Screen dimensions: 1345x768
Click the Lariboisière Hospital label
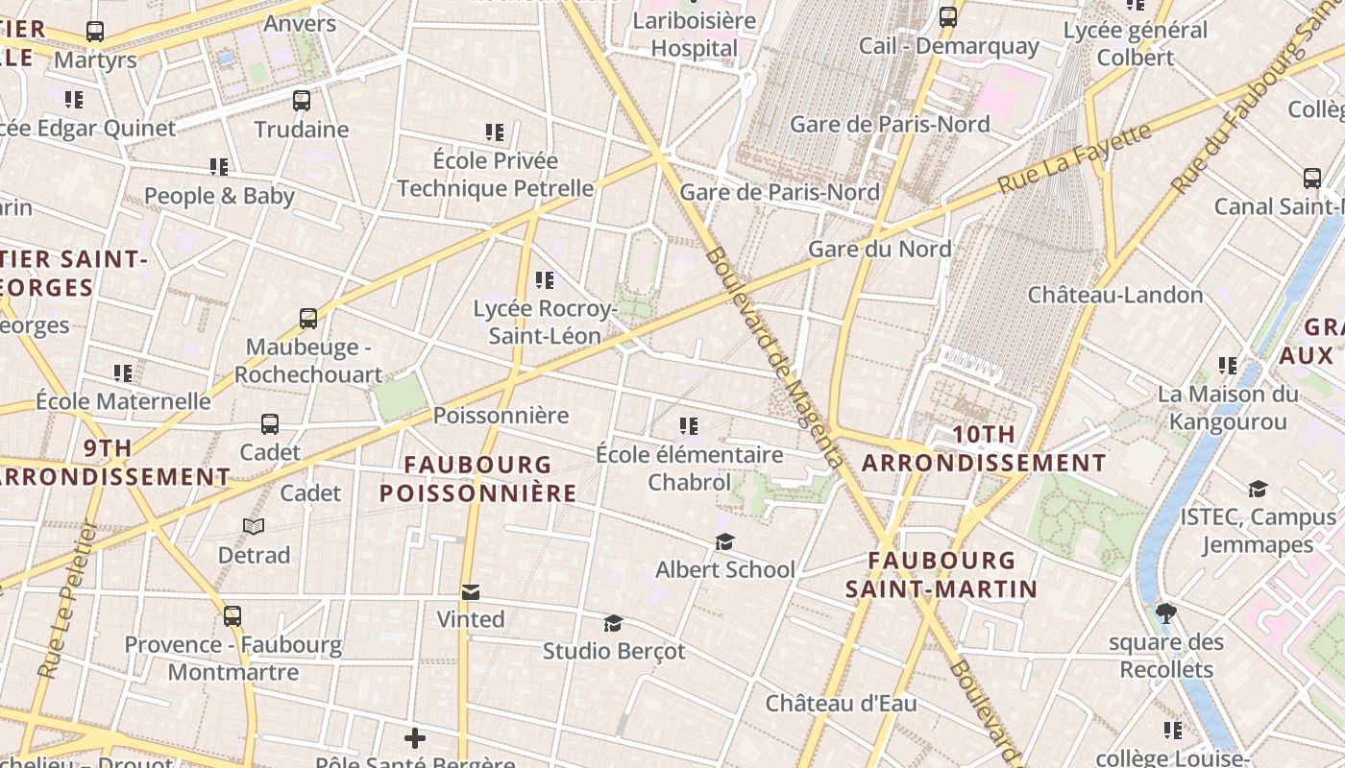(x=695, y=35)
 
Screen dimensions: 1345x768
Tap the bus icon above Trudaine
(x=302, y=101)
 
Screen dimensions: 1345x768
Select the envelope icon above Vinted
(x=471, y=592)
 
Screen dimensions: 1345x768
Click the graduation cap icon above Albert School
(x=724, y=542)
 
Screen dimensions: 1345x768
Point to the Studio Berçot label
(x=614, y=651)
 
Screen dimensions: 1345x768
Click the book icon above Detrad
(x=254, y=527)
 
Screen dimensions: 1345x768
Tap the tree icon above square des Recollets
(x=1166, y=612)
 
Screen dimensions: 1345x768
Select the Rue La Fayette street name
(x=1073, y=159)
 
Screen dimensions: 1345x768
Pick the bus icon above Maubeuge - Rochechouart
(x=308, y=319)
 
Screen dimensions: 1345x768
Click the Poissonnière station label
(x=501, y=416)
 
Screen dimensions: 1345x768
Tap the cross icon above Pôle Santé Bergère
(x=415, y=738)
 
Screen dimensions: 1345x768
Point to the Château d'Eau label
(x=841, y=704)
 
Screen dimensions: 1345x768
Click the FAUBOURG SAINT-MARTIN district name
(x=941, y=574)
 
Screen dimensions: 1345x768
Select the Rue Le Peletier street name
(x=64, y=600)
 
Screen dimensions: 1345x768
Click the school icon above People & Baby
(x=219, y=167)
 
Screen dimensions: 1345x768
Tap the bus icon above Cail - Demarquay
(x=948, y=17)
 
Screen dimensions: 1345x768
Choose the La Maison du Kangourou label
(x=1227, y=408)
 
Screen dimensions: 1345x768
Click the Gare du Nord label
(x=880, y=249)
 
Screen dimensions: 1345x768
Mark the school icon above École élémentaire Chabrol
(x=688, y=425)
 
